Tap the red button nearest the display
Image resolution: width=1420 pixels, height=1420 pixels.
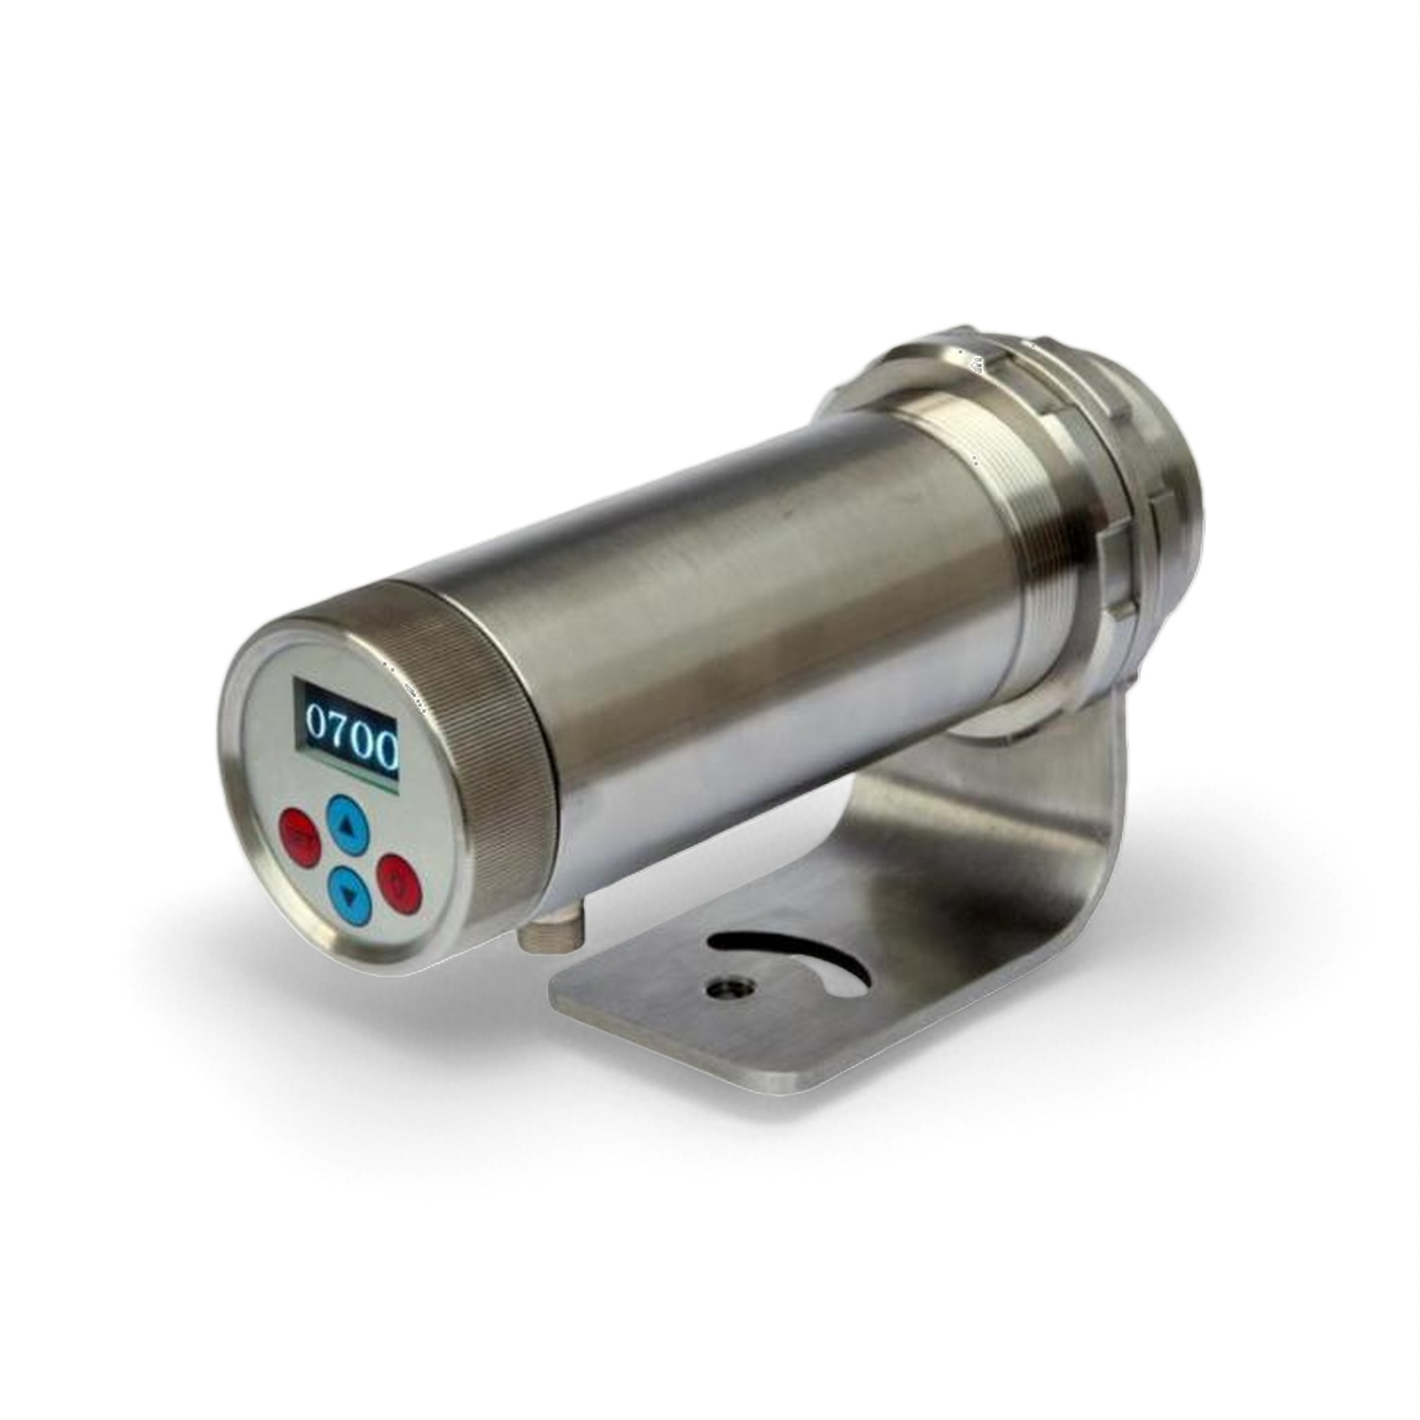299,837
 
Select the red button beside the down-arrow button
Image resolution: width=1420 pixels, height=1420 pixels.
399,880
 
